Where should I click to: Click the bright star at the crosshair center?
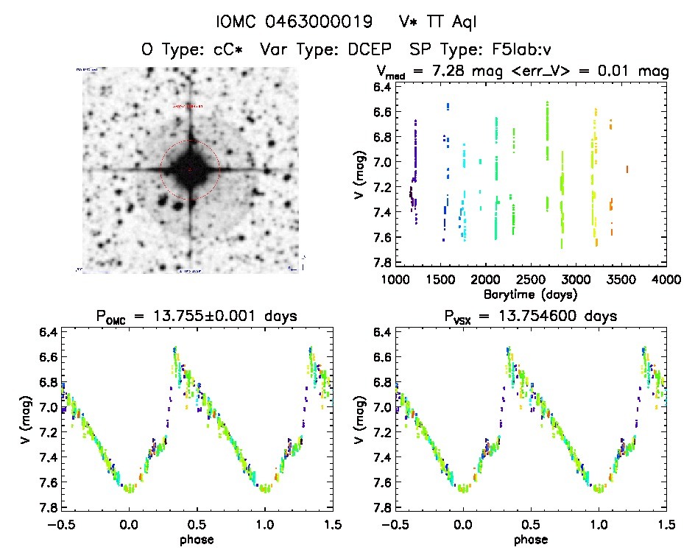tap(190, 169)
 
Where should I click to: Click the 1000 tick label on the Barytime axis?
tap(395, 281)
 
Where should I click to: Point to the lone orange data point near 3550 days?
tap(627, 169)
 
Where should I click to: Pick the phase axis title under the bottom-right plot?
tap(531, 539)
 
